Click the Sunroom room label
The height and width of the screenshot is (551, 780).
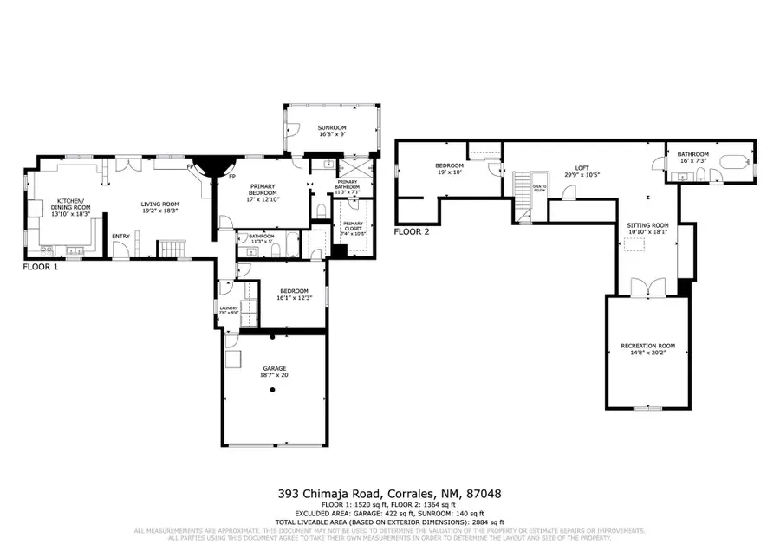pyautogui.click(x=331, y=126)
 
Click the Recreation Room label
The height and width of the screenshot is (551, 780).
pyautogui.click(x=647, y=347)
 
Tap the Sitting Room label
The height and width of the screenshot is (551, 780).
pyautogui.click(x=648, y=225)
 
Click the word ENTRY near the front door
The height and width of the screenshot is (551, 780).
pyautogui.click(x=121, y=235)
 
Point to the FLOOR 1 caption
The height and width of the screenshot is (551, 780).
pyautogui.click(x=42, y=269)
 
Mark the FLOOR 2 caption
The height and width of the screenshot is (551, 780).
pyautogui.click(x=412, y=231)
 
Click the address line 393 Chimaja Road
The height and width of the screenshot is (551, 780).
pyautogui.click(x=389, y=494)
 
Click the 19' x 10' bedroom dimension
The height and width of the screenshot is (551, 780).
pyautogui.click(x=451, y=171)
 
